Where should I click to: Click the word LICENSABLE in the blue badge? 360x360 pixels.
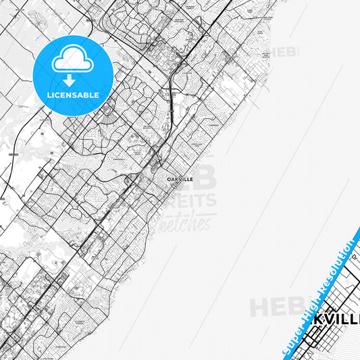(x=73, y=95)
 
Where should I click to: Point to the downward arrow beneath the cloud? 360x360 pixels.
(x=72, y=80)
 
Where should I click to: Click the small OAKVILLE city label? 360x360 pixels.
(x=180, y=179)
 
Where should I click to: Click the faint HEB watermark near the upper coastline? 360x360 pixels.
(x=284, y=52)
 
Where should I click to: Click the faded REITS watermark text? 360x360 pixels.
(x=192, y=201)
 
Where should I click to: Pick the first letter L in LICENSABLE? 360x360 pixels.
(x=49, y=95)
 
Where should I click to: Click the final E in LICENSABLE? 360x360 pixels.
(x=97, y=95)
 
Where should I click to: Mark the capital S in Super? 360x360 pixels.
(x=286, y=351)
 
